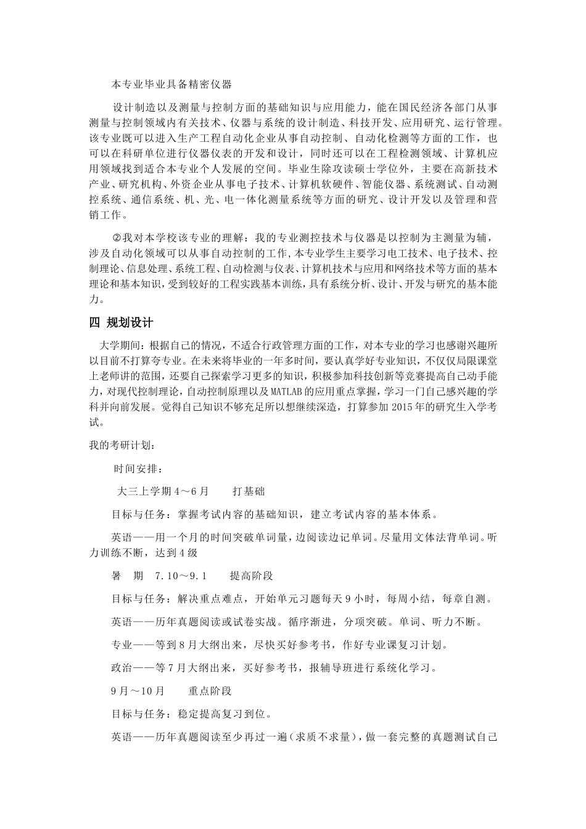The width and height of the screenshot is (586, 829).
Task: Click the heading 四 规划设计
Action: (121, 323)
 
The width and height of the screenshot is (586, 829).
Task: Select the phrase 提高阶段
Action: (251, 575)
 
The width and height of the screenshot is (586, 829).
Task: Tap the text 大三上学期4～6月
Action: (163, 491)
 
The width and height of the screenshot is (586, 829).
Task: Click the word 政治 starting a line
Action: (122, 668)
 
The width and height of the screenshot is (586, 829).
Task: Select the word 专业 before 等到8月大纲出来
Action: (122, 645)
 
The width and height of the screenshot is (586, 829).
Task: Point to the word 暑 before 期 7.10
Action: (116, 575)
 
